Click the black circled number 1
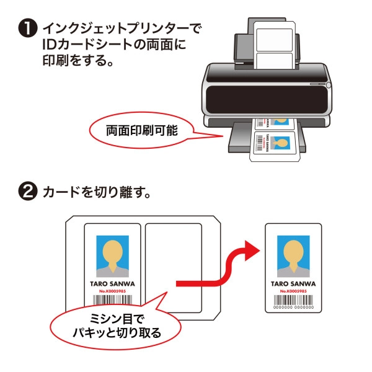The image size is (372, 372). (x=29, y=29)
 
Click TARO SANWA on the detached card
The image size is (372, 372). (x=293, y=283)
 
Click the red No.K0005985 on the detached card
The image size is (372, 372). (x=293, y=291)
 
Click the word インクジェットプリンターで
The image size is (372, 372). (x=123, y=29)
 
